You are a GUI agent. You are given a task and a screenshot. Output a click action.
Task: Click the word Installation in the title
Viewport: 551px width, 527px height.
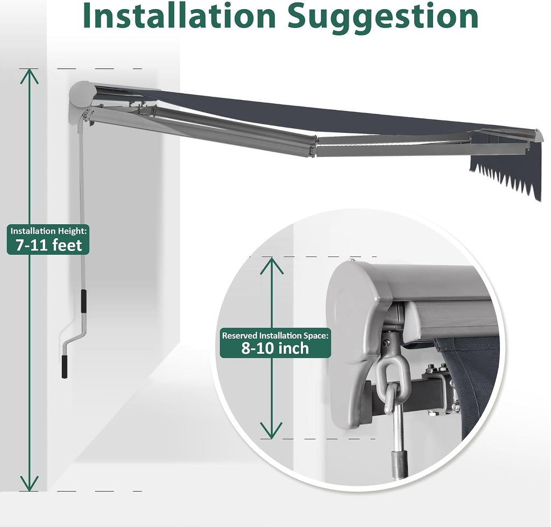coord(179,17)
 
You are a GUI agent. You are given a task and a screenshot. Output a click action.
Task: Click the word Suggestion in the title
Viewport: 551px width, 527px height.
coord(383,18)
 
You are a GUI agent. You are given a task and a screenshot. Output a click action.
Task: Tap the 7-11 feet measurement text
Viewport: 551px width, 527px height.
coord(48,245)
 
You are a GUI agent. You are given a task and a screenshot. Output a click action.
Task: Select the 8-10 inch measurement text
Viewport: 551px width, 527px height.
coord(275,348)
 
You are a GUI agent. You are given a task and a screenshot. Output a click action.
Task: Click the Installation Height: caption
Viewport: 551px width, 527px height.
coord(48,231)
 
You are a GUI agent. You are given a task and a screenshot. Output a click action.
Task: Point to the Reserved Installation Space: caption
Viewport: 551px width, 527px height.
coord(275,336)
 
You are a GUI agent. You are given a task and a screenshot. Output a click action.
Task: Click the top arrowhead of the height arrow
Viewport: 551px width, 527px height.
coord(29,76)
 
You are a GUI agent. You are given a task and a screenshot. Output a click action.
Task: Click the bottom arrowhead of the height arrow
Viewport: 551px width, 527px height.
coord(29,483)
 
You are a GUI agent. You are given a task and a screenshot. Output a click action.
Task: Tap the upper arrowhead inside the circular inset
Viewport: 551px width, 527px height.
coord(271,266)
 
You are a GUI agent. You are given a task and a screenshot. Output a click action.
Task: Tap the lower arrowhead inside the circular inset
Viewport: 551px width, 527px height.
coord(271,430)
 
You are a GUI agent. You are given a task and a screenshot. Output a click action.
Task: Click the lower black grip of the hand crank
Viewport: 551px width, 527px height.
coord(65,367)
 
